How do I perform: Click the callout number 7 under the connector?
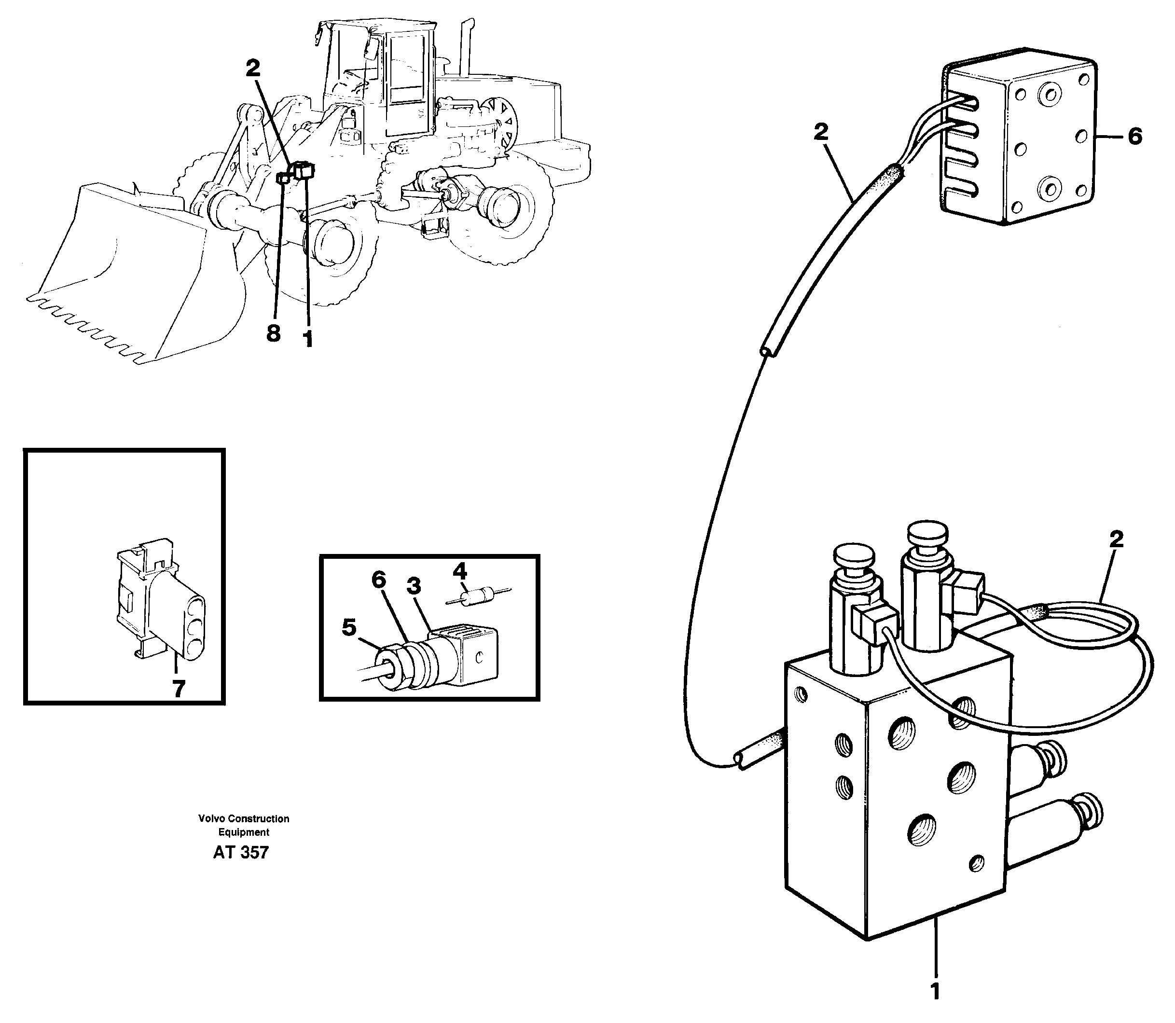pos(179,690)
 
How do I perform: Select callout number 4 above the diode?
pos(460,571)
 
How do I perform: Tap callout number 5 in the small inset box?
pos(349,628)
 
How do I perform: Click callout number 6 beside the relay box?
pos(1135,137)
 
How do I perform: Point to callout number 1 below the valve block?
pos(934,991)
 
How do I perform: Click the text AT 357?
pos(240,852)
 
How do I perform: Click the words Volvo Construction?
pos(244,818)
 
